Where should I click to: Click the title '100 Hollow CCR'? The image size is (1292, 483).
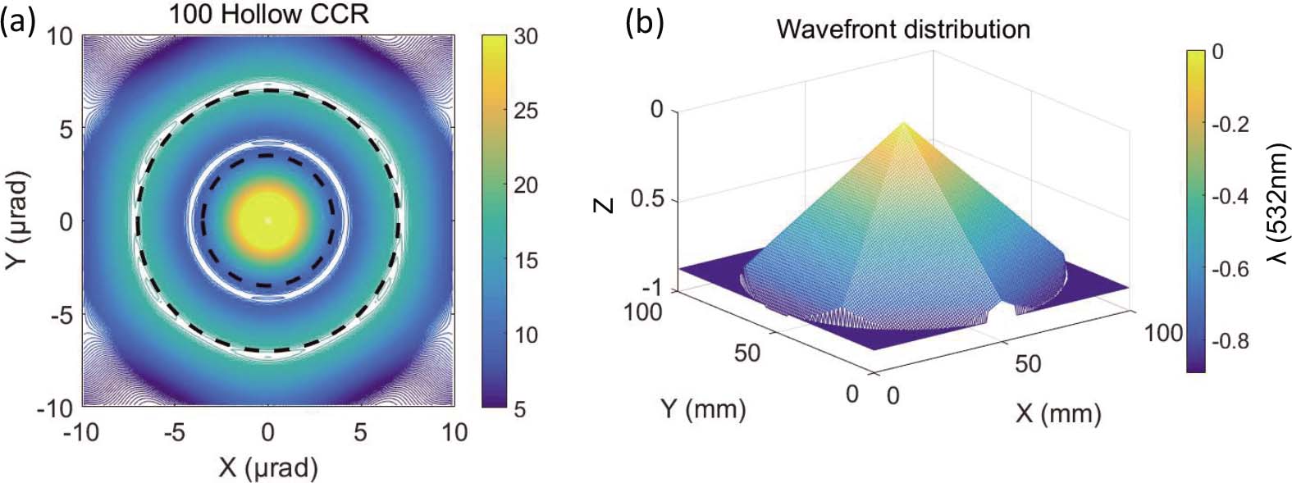(268, 14)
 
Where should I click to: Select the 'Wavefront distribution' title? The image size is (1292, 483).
(903, 29)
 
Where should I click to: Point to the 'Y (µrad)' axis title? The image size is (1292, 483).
(18, 220)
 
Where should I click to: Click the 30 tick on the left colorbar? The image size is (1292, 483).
(525, 36)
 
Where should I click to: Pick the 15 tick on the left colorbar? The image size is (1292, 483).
(525, 261)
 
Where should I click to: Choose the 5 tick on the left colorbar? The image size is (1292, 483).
(520, 409)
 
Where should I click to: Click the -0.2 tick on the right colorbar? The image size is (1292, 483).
(1230, 125)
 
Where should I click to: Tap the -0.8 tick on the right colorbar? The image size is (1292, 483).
(1230, 341)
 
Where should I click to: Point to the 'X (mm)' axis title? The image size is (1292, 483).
(1058, 412)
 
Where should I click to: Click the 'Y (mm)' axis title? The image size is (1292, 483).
(704, 408)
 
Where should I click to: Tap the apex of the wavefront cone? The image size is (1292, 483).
(904, 123)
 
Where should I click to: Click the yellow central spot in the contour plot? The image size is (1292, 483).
(267, 220)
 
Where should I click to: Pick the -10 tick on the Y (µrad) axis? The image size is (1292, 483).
(56, 408)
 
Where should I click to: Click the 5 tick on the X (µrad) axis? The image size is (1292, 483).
(360, 432)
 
